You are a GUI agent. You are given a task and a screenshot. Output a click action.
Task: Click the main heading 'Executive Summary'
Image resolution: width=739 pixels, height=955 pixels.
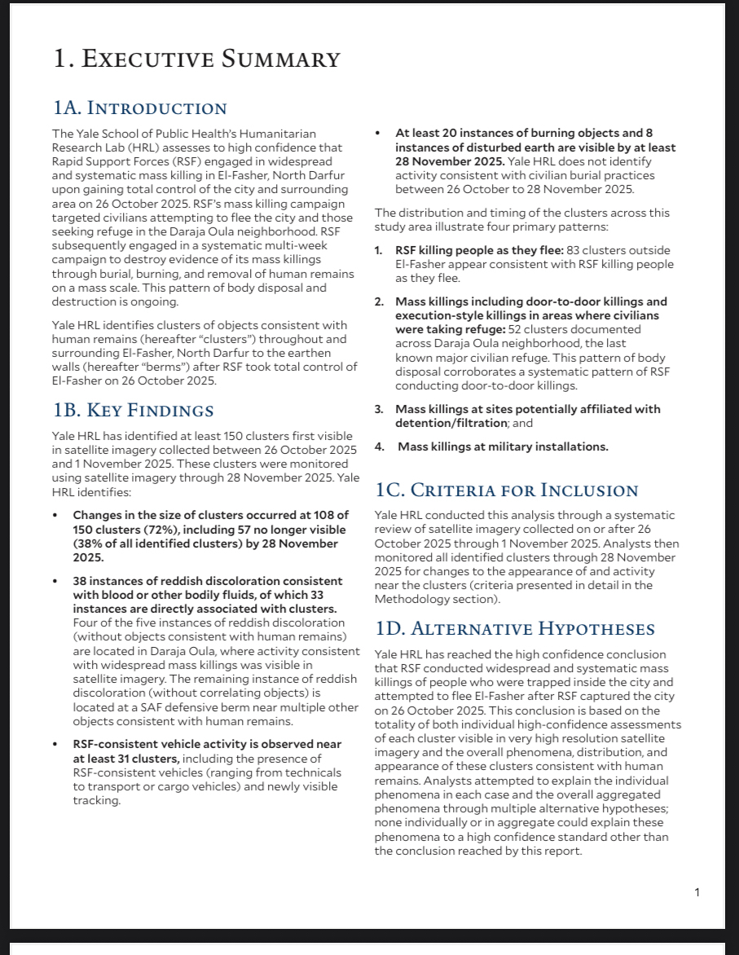pos(196,59)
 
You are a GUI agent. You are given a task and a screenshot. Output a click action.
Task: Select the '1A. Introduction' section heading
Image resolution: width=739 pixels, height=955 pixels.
pos(139,108)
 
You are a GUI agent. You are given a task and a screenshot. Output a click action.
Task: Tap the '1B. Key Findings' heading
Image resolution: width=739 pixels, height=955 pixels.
pos(133,410)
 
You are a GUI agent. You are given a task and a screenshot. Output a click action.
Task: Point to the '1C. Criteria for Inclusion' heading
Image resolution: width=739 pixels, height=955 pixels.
pos(506,490)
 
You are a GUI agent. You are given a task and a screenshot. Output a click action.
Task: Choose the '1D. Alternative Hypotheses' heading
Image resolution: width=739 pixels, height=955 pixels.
pos(515,628)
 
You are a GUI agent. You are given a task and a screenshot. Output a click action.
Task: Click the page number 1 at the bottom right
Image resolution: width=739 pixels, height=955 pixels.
pos(697,892)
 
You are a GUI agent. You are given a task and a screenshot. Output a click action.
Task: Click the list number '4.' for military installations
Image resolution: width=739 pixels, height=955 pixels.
pos(379,447)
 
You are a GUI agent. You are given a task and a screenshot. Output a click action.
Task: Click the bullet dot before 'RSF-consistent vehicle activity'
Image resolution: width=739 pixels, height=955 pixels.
pos(55,745)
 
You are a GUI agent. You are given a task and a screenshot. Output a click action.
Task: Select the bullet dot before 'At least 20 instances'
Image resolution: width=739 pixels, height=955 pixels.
pos(378,133)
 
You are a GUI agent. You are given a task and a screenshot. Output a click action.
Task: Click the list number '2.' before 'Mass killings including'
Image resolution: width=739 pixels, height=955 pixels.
pos(379,302)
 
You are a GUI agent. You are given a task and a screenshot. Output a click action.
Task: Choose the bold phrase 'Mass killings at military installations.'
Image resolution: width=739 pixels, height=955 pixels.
pos(503,447)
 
